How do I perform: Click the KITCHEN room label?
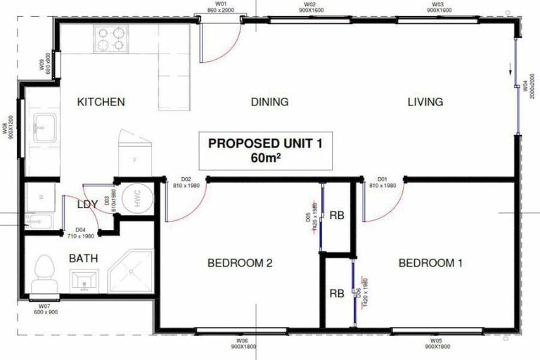point(101,102)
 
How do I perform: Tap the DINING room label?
point(269,102)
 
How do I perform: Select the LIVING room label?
point(425,102)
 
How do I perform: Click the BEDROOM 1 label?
point(430,264)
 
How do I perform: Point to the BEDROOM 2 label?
point(240,264)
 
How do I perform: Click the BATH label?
point(83,258)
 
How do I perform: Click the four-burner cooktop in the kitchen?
point(110,39)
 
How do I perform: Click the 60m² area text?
point(265,157)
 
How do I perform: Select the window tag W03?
point(437,4)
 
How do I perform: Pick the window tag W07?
point(44,307)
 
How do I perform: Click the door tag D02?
point(187,179)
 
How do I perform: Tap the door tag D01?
point(383,179)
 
